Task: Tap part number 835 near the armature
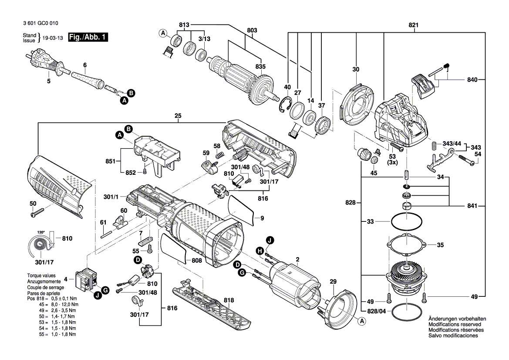(260, 66)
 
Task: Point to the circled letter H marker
(260, 250)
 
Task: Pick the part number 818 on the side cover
(229, 300)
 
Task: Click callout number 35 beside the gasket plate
(440, 245)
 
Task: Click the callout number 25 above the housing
(178, 115)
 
